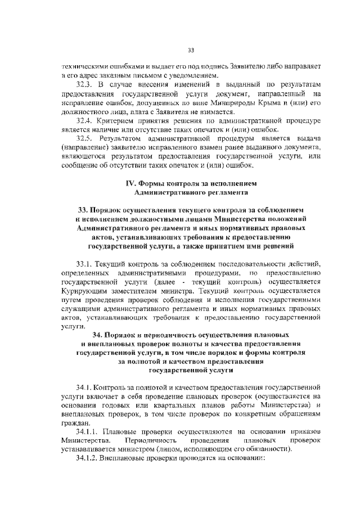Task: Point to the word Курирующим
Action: pos(85,291)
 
